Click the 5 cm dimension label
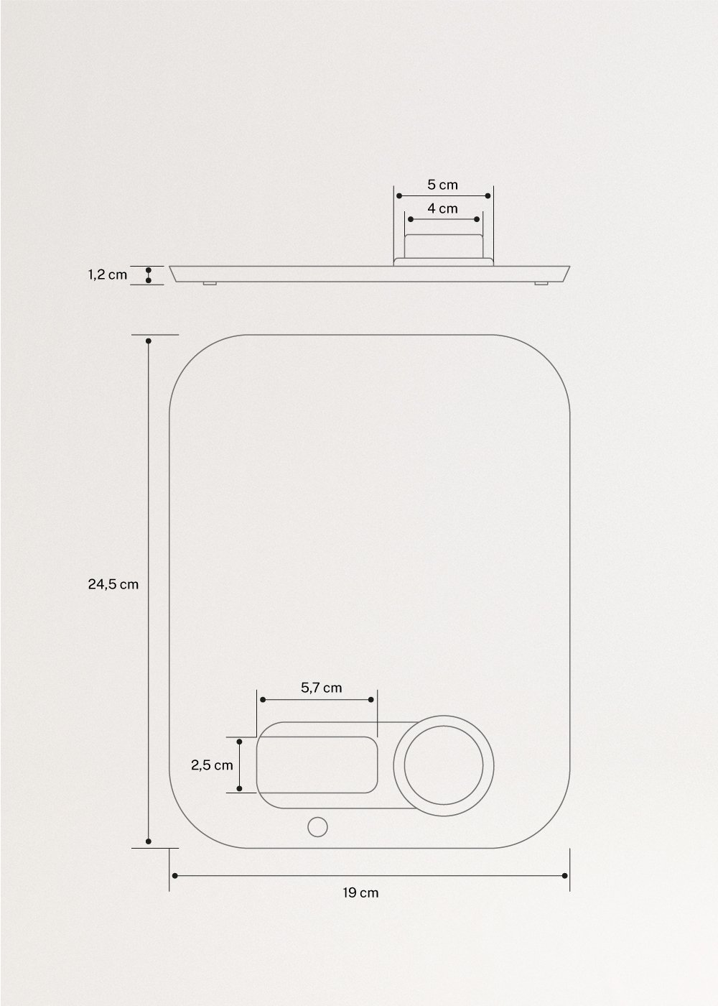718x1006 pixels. tap(442, 185)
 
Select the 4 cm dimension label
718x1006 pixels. tap(442, 208)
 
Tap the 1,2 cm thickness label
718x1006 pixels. tap(108, 274)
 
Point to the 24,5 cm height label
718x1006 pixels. tap(113, 584)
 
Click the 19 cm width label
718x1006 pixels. tap(360, 893)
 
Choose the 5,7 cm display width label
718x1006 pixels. tap(322, 688)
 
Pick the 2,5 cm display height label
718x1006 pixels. tap(212, 765)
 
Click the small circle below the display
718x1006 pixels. tap(317, 827)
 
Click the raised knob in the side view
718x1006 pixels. tap(443, 246)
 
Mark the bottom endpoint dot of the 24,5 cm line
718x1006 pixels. tap(149, 841)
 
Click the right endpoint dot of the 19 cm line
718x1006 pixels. tap(565, 875)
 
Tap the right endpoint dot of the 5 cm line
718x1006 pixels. tap(488, 195)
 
